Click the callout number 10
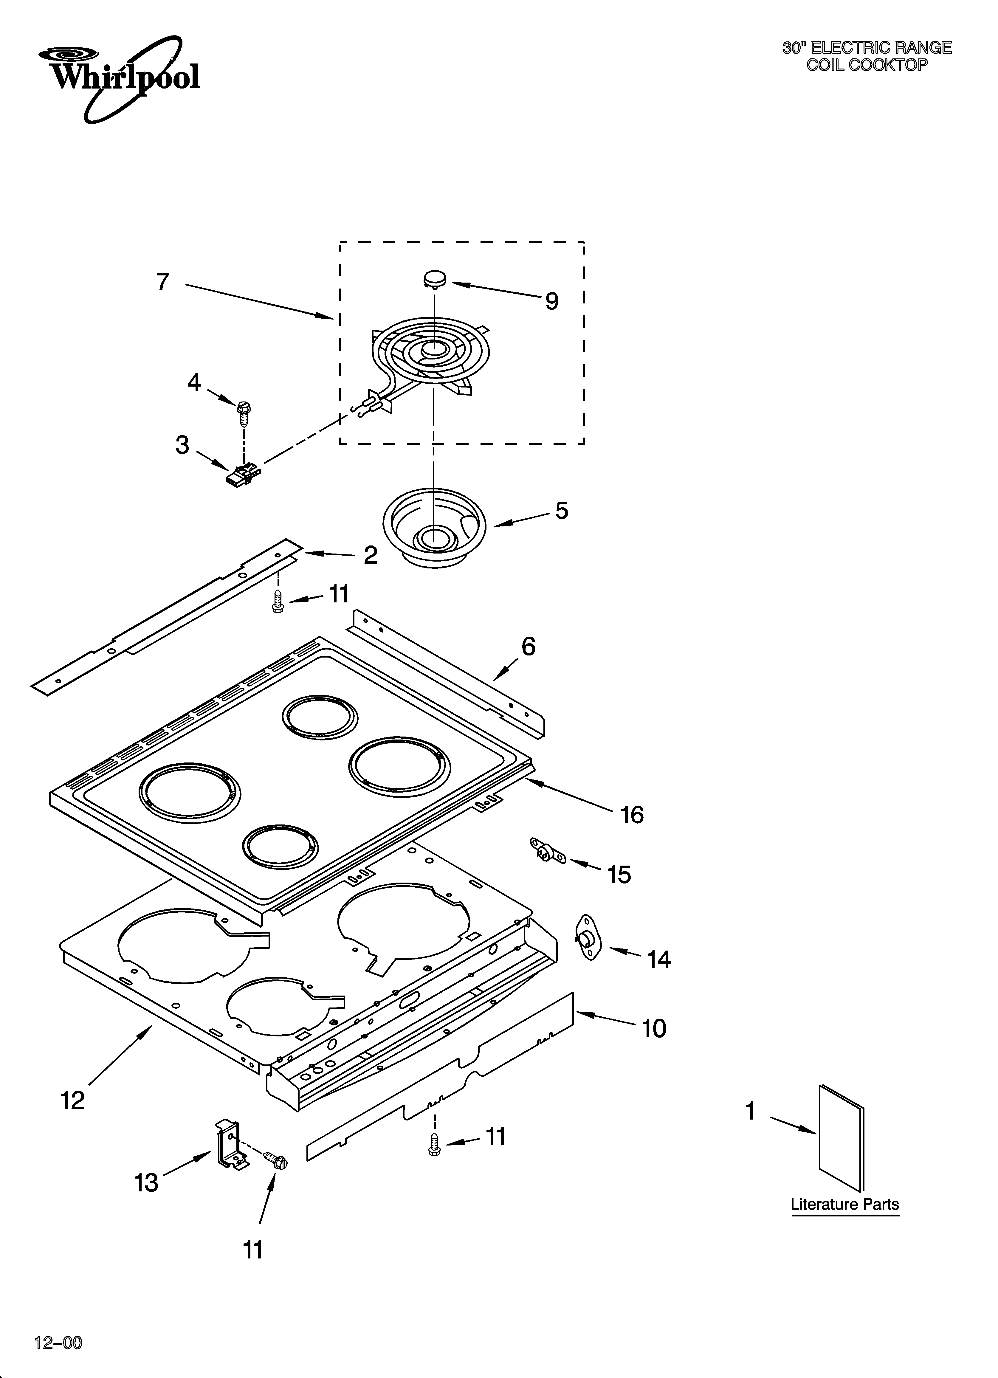coord(654,1028)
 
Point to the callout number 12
coord(73,1100)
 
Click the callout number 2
coord(370,555)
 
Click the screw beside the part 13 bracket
coord(277,1160)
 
